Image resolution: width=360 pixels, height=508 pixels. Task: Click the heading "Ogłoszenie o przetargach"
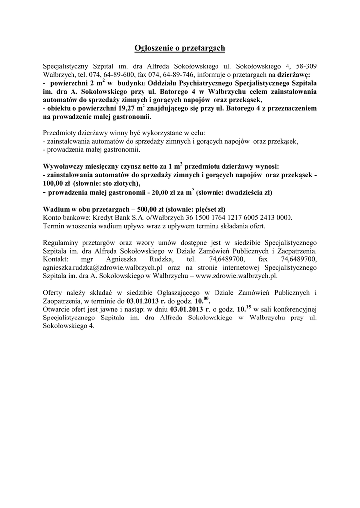(x=180, y=48)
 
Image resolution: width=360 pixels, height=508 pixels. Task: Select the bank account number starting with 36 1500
(x=240, y=218)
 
